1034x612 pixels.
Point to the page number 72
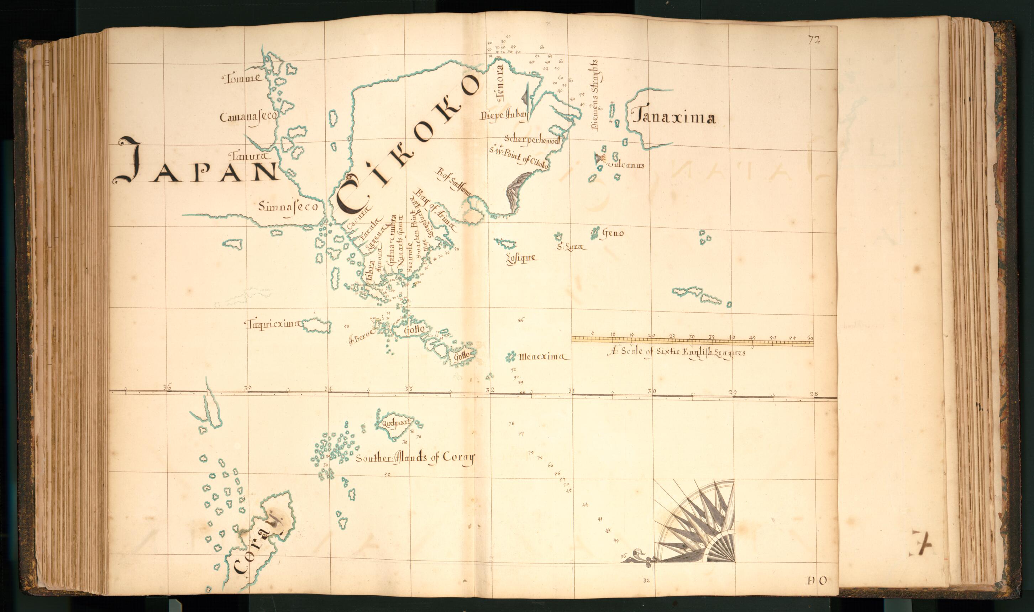point(813,39)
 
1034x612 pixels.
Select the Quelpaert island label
point(392,422)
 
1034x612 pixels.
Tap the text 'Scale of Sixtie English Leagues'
point(676,353)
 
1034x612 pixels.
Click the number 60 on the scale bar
point(810,338)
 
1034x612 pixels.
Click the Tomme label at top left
point(242,78)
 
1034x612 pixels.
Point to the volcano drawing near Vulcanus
point(599,158)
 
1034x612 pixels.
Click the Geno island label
point(613,233)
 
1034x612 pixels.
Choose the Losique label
point(521,259)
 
